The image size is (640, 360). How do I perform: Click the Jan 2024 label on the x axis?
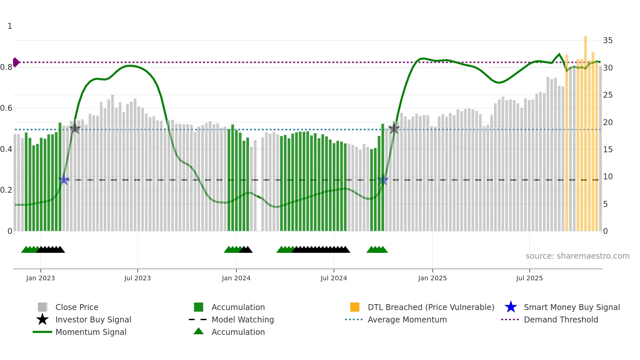click(236, 278)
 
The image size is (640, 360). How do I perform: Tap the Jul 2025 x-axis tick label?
click(529, 278)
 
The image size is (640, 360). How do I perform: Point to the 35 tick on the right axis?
click(608, 41)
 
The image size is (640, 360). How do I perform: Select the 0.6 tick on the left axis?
click(6, 108)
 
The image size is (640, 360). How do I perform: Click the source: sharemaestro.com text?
click(577, 256)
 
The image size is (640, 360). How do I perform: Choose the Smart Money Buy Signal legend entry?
click(571, 307)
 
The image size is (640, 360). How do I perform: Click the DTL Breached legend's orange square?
click(355, 307)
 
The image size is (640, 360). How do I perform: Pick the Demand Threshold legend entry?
click(561, 319)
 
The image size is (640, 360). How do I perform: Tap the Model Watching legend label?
click(243, 319)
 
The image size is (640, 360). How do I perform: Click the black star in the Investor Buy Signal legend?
click(42, 319)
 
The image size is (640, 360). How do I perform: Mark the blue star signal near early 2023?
click(64, 180)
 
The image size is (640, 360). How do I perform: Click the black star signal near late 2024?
click(394, 128)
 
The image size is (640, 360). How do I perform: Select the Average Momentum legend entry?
click(407, 319)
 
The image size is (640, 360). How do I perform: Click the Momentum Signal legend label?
click(91, 332)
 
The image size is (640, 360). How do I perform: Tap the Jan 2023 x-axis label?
click(40, 278)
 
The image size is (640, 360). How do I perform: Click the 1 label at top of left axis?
click(10, 26)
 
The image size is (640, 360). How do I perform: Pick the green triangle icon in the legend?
click(199, 332)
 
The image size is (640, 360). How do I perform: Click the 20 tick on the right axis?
click(608, 122)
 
